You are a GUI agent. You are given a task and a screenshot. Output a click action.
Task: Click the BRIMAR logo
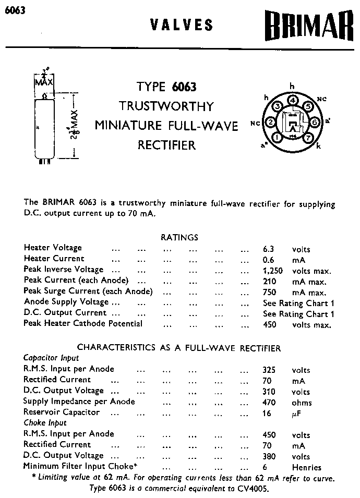click(304, 26)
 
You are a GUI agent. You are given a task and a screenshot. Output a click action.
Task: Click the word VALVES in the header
click(182, 25)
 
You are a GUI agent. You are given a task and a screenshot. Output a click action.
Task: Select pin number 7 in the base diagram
click(308, 137)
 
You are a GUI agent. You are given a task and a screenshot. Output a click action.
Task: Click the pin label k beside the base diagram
click(319, 147)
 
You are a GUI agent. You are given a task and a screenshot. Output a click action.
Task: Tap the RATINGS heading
click(179, 237)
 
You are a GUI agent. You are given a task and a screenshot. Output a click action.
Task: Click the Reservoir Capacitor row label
click(61, 412)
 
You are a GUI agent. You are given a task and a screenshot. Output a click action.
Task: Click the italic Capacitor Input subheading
click(51, 358)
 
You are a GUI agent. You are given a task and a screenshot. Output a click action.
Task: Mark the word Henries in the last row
click(307, 467)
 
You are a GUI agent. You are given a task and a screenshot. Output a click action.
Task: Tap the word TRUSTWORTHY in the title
click(166, 106)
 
